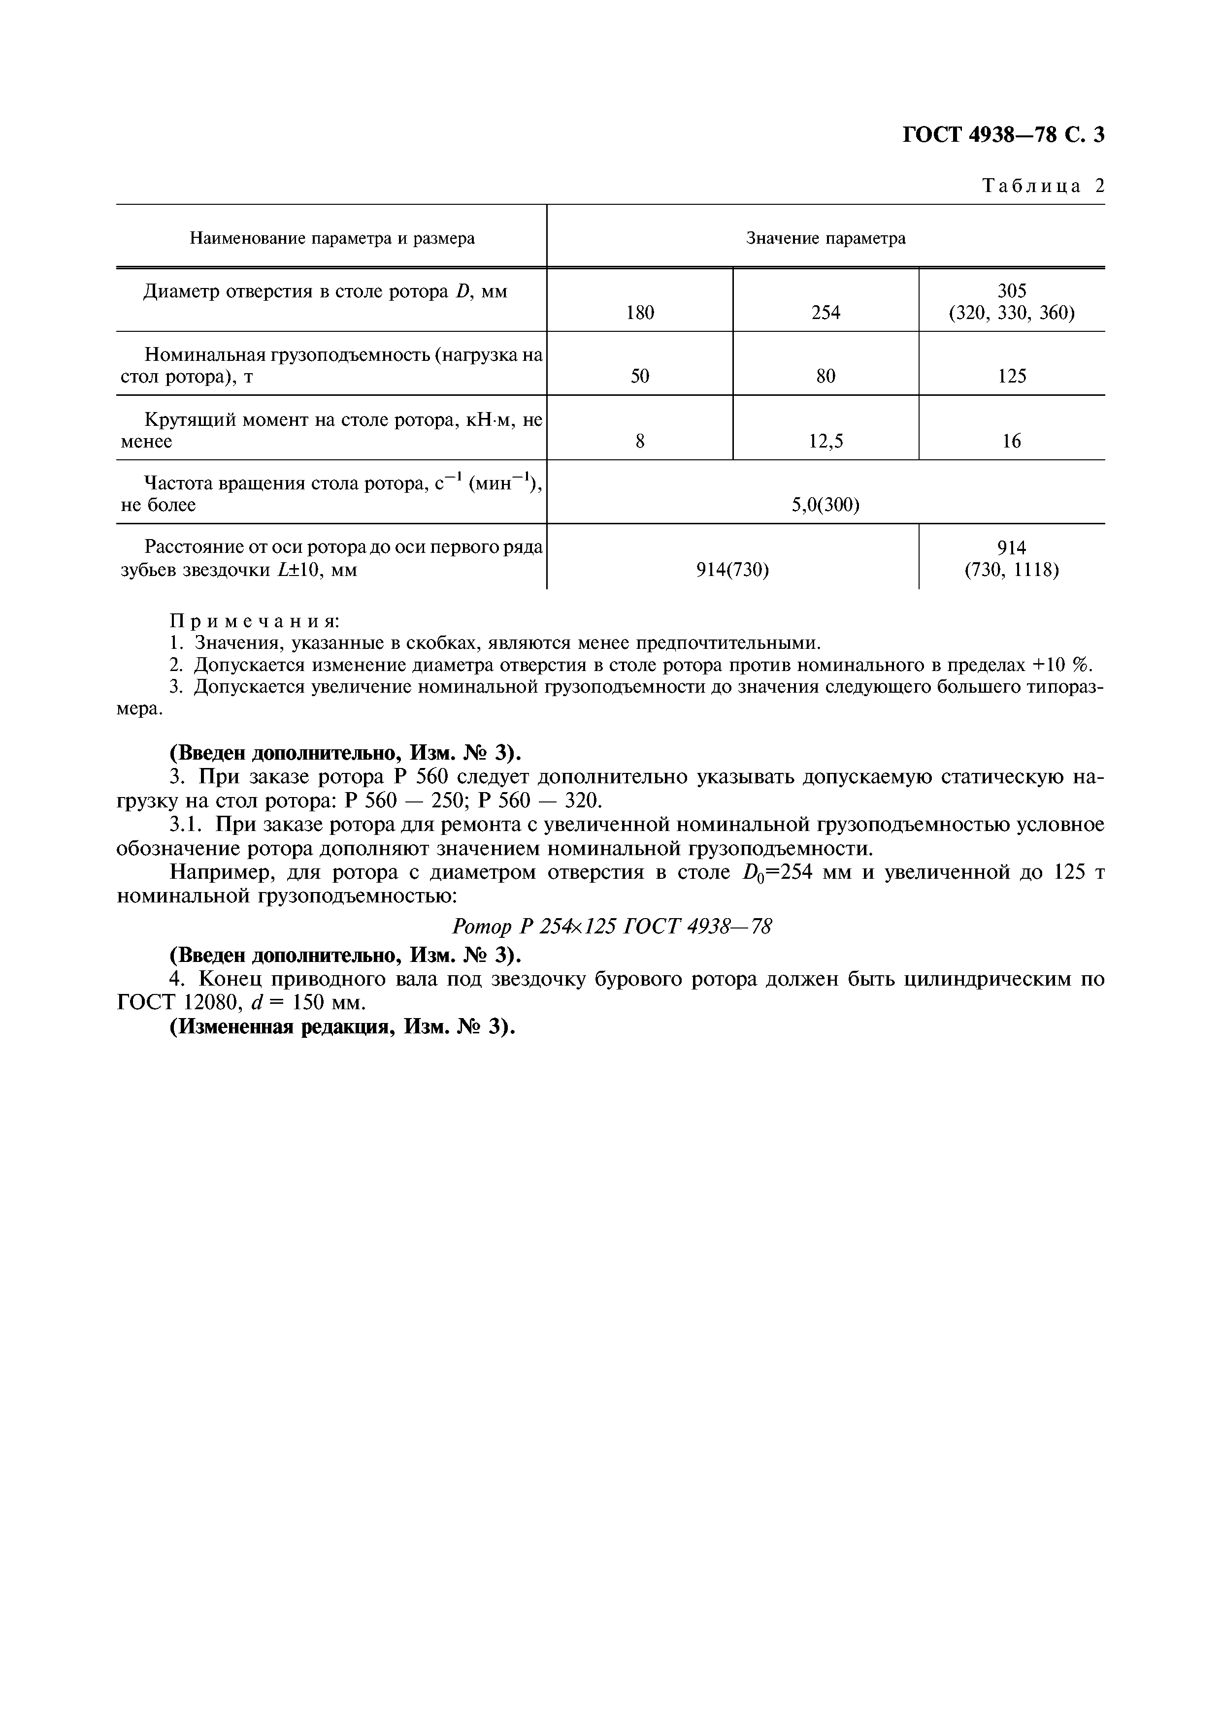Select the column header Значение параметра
[x=825, y=238]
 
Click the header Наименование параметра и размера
[x=332, y=238]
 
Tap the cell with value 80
[x=825, y=376]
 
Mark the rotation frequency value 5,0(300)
[x=825, y=505]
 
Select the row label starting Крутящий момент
[x=332, y=430]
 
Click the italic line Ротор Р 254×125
[x=612, y=927]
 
